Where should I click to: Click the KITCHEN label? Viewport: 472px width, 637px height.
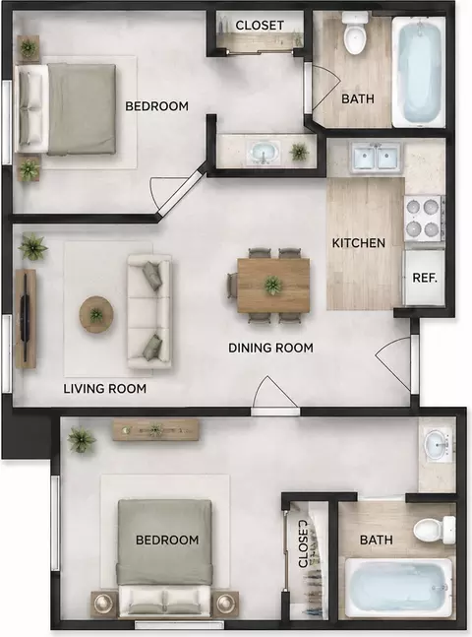358,243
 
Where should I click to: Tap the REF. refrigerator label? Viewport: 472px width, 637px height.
425,278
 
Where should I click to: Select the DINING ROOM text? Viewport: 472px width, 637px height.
270,348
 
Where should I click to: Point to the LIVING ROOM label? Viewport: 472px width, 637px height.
104,389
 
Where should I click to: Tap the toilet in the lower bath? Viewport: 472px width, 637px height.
435,530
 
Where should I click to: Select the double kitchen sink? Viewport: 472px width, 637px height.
377,157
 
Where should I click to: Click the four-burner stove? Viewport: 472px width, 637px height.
424,219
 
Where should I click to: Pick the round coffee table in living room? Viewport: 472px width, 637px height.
96,314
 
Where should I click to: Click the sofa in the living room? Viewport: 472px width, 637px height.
149,311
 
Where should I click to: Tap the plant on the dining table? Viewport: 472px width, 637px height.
273,286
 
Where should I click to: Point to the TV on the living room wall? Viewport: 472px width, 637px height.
26,318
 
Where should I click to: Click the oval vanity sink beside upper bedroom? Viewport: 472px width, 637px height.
265,152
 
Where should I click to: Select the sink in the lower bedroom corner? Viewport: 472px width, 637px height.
438,446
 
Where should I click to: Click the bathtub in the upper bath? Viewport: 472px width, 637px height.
419,68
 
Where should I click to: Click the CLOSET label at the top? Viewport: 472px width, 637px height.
260,26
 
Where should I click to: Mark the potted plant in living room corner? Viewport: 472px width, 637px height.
32,247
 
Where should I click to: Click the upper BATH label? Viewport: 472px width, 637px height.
358,98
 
